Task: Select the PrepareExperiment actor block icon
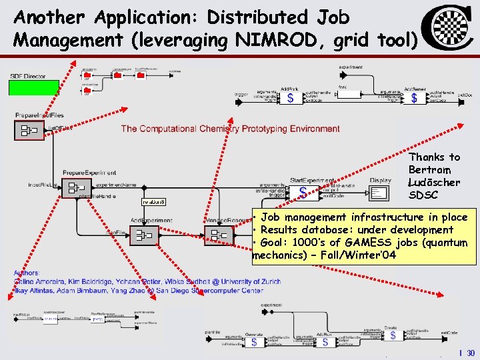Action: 76,188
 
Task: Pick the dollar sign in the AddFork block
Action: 289,98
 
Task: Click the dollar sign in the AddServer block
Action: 414,98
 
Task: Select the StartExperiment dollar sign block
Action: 304,192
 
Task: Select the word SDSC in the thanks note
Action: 423,195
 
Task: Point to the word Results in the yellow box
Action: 280,230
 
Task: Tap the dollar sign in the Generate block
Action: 254,342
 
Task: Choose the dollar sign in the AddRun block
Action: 325,342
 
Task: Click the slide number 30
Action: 471,353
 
